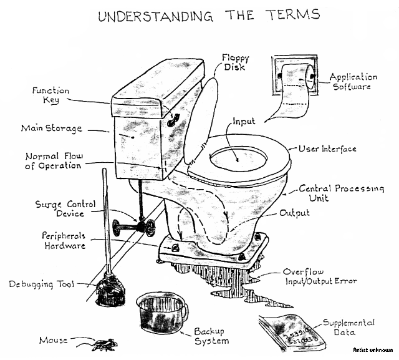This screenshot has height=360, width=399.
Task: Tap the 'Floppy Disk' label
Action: tap(236, 63)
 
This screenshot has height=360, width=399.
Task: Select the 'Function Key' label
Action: tap(52, 95)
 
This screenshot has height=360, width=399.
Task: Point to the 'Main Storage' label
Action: tap(51, 129)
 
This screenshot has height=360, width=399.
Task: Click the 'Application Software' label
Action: tap(353, 82)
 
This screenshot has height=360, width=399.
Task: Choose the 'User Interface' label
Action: tap(327, 149)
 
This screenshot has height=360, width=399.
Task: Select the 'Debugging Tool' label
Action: tap(41, 284)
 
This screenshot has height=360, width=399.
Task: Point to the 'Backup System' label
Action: tap(210, 336)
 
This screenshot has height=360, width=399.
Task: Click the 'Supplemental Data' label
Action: tap(349, 328)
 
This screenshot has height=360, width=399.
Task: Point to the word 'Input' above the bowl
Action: tap(244, 120)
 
